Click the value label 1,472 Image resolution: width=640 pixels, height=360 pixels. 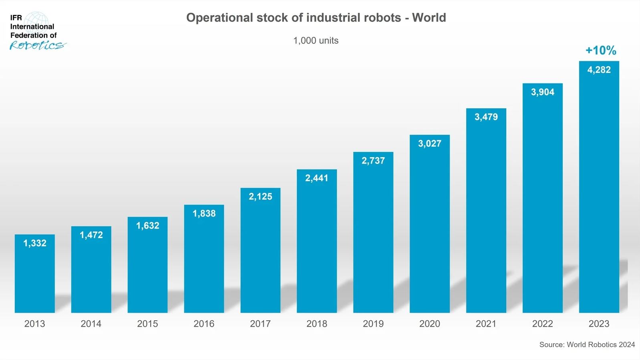coord(91,235)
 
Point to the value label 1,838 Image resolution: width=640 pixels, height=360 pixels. coord(204,213)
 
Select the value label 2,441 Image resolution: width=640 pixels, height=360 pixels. coord(317,178)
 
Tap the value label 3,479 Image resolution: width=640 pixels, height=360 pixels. coord(486,117)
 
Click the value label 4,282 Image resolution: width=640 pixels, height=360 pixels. coord(599,70)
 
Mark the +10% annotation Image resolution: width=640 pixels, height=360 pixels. coord(600,51)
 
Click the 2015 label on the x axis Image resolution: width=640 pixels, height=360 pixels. coord(147,324)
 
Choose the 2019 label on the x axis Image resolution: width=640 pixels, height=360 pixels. coord(373,324)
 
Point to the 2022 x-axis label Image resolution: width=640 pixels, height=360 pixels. coord(542,324)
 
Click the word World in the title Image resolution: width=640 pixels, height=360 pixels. coord(429,18)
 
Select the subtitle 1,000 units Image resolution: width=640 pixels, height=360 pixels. coord(316,40)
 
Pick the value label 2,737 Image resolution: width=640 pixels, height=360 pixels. coord(373,161)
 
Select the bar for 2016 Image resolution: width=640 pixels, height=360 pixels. coord(204,265)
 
